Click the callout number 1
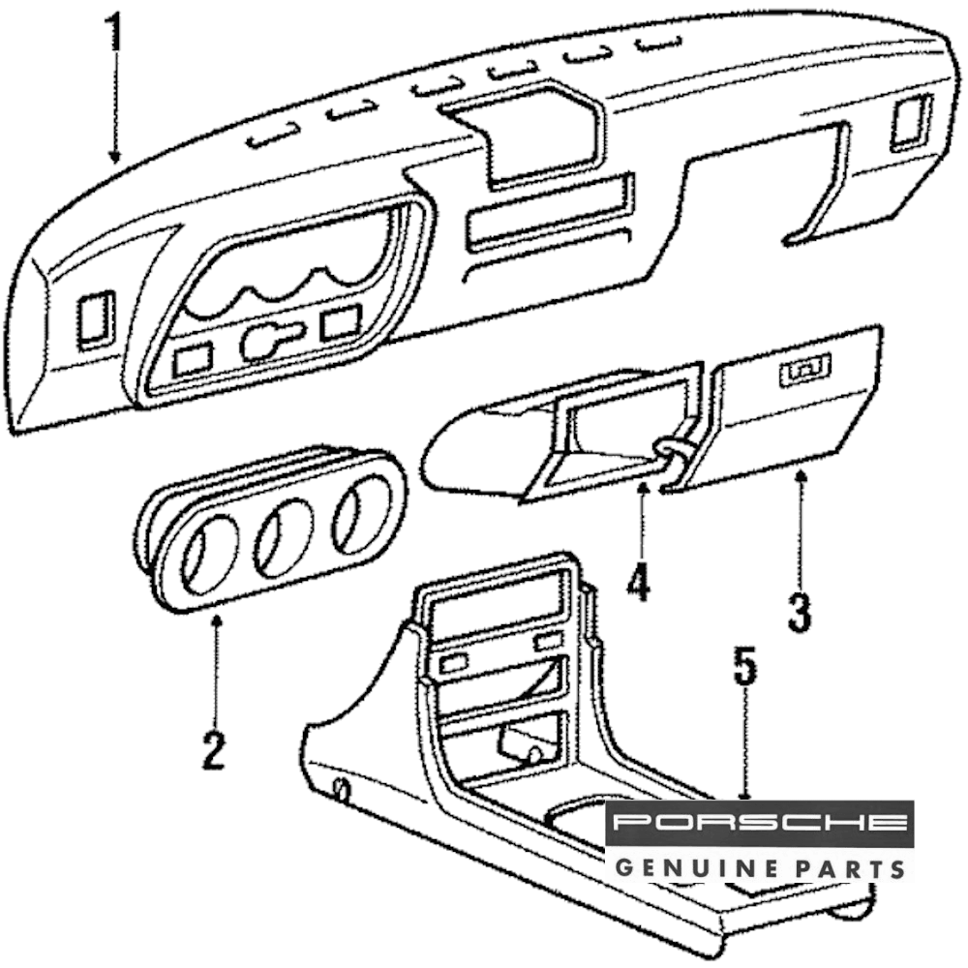pyautogui.click(x=115, y=34)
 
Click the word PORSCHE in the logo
pyautogui.click(x=759, y=823)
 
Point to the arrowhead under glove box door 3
pyautogui.click(x=801, y=475)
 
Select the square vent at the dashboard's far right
pyautogui.click(x=910, y=123)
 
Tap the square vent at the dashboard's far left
pyautogui.click(x=96, y=318)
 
